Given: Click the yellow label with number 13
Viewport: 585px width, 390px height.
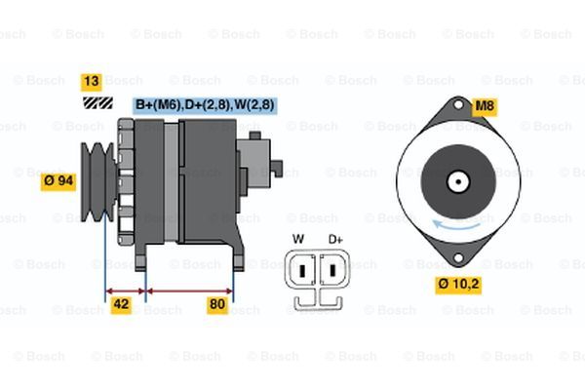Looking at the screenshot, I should [x=92, y=81].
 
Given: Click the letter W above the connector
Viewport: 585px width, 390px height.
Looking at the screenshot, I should [x=298, y=239].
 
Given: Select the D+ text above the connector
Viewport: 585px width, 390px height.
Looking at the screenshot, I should [x=335, y=239].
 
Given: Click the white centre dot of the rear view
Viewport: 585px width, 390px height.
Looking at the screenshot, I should [x=456, y=180].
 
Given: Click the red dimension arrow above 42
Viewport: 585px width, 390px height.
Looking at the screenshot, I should [x=125, y=290].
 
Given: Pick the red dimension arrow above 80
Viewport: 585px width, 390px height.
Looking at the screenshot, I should [x=189, y=290].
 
